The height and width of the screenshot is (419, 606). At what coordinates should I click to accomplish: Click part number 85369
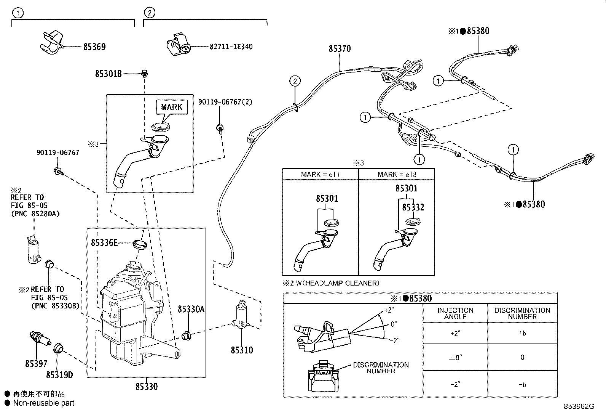[94, 47]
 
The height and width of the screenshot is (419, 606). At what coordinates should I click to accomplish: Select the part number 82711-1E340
[231, 47]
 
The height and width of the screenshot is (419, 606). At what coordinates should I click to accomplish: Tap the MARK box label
[172, 107]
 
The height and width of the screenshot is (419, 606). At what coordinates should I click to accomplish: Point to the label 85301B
[108, 74]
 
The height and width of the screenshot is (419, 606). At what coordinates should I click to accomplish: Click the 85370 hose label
[340, 49]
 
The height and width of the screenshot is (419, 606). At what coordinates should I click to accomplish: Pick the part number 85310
[242, 350]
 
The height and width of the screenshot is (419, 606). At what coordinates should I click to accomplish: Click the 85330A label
[191, 309]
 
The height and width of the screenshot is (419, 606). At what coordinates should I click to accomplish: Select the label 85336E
[104, 242]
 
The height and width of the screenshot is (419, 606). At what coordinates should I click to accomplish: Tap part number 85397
[37, 364]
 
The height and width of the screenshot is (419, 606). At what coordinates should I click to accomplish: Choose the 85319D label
[59, 375]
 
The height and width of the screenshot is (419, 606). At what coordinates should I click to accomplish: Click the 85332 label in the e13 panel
[413, 207]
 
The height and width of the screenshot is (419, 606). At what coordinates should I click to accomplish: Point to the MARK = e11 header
[320, 174]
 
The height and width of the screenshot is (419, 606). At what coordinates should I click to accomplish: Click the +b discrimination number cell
[522, 333]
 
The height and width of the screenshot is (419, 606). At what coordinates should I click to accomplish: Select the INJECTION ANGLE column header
[455, 313]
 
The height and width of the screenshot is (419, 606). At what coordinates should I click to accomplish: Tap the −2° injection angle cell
[455, 384]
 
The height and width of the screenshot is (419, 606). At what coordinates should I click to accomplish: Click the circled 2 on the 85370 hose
[295, 81]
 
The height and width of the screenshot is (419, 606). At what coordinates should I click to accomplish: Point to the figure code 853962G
[579, 406]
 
